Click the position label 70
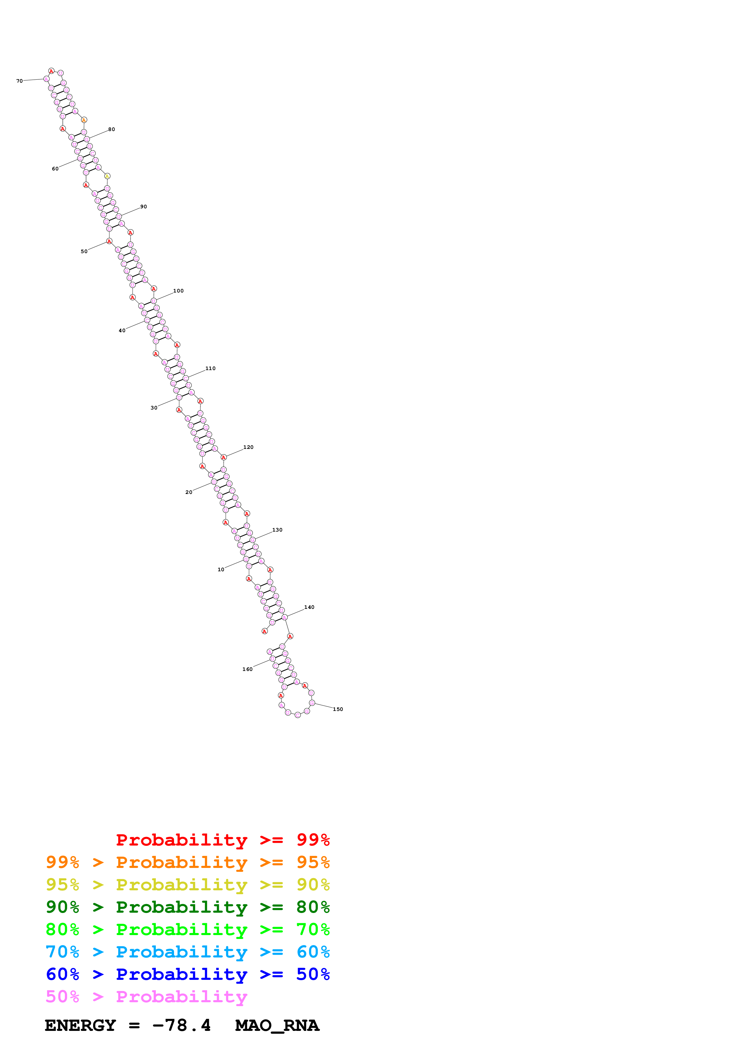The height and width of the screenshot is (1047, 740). [x=19, y=81]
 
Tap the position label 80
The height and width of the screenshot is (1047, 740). [x=111, y=130]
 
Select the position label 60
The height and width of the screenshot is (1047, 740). [x=55, y=169]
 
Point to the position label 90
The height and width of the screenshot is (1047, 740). [x=143, y=207]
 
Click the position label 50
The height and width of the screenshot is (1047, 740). [x=84, y=251]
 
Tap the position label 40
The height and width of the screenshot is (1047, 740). [x=122, y=331]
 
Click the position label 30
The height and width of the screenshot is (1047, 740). [x=154, y=408]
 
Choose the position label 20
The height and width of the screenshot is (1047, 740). [x=188, y=492]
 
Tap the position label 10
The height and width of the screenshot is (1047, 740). [x=221, y=569]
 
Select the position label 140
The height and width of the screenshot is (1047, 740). [x=309, y=607]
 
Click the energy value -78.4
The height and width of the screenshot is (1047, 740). [x=181, y=1025]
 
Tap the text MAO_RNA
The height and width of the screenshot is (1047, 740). [x=277, y=1025]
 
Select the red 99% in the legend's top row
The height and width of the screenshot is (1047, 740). [x=313, y=840]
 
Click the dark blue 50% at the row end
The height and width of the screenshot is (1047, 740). [x=313, y=974]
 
